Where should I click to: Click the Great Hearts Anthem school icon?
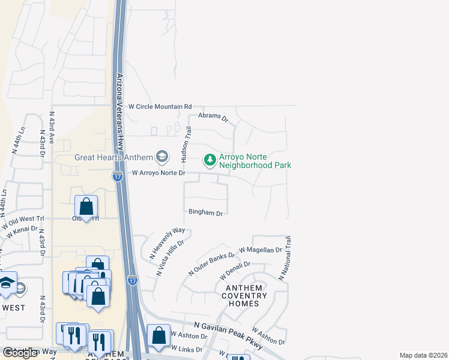(x=161, y=158)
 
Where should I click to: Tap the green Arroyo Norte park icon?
(x=209, y=160)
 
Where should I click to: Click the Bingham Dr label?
(x=206, y=213)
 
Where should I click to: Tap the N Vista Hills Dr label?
(x=169, y=257)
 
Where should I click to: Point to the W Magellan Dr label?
(x=260, y=250)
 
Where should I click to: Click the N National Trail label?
(x=285, y=259)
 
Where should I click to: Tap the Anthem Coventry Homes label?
(x=246, y=296)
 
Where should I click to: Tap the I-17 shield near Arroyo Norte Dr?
(x=118, y=176)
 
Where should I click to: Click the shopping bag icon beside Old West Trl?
(x=86, y=207)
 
